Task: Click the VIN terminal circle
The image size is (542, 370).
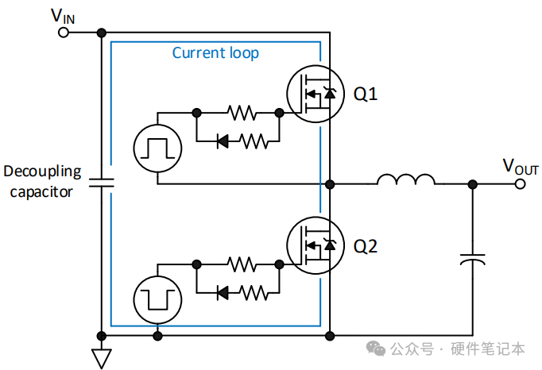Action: tap(64, 33)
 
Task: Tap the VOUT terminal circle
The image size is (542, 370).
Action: tap(520, 183)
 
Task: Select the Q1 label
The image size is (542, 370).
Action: tap(365, 94)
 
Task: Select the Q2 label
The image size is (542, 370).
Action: tap(365, 246)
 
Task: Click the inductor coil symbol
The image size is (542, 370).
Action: tap(406, 179)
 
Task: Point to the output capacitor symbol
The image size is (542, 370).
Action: tap(473, 259)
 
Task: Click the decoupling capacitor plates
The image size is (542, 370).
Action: tap(102, 183)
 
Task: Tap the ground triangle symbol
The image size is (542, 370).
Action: tap(102, 358)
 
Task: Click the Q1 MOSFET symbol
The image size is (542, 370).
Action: tap(316, 94)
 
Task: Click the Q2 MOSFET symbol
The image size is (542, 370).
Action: tap(316, 245)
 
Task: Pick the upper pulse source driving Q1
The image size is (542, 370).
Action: tap(157, 148)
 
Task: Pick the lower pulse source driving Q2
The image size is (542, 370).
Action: tap(157, 300)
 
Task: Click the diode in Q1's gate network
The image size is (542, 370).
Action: tap(223, 141)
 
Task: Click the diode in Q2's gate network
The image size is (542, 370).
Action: tap(223, 293)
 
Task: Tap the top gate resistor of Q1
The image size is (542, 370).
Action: tap(242, 113)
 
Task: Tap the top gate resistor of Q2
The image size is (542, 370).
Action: tap(242, 264)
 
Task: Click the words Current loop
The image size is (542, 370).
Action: tap(215, 53)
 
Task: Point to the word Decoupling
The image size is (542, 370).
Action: tap(42, 172)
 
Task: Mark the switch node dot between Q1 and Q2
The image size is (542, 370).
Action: tap(330, 184)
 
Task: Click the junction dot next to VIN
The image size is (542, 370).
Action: tap(102, 33)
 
